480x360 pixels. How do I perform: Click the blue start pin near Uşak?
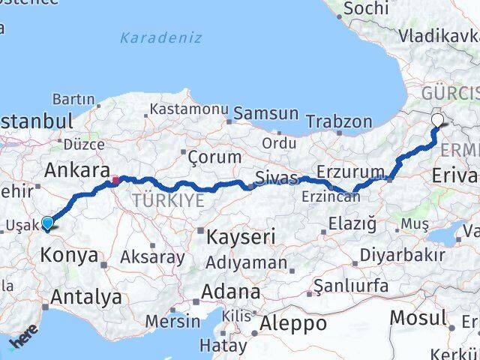click(x=47, y=223)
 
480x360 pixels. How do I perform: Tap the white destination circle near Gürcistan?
click(x=437, y=118)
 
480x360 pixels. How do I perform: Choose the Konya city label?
click(x=68, y=255)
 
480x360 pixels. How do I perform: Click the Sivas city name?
click(x=277, y=178)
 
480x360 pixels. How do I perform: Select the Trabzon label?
click(x=339, y=122)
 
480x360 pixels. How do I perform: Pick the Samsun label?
click(x=266, y=114)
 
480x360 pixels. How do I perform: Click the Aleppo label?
click(x=292, y=324)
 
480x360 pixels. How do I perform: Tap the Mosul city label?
click(x=418, y=317)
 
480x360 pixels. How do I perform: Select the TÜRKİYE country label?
click(x=168, y=200)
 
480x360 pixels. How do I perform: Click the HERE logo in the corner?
click(x=22, y=342)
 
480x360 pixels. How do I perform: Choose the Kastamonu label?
click(x=188, y=109)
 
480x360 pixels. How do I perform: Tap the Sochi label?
click(x=365, y=9)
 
